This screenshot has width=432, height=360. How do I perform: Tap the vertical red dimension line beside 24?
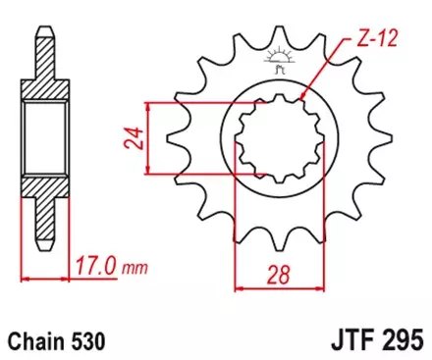(145, 139)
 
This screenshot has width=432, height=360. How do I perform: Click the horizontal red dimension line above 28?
(267, 288)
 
